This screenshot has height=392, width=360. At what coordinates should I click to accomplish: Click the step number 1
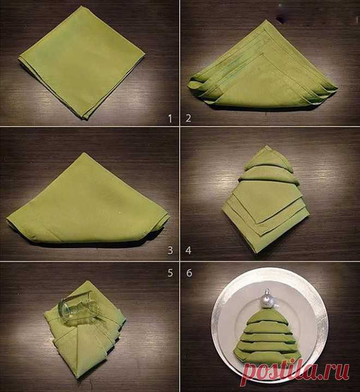pyautogui.click(x=170, y=118)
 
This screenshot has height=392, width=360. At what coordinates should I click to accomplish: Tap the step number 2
pyautogui.click(x=188, y=118)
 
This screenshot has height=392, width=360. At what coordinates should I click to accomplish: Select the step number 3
pyautogui.click(x=170, y=250)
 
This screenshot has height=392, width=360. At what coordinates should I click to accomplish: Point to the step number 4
pyautogui.click(x=188, y=250)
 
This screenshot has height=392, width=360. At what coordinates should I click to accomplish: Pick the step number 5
pyautogui.click(x=170, y=273)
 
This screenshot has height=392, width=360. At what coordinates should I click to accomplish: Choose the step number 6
pyautogui.click(x=189, y=273)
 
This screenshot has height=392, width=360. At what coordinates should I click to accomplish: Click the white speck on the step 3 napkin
pyautogui.click(x=121, y=213)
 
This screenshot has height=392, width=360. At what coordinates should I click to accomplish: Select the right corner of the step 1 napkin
pyautogui.click(x=145, y=54)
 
